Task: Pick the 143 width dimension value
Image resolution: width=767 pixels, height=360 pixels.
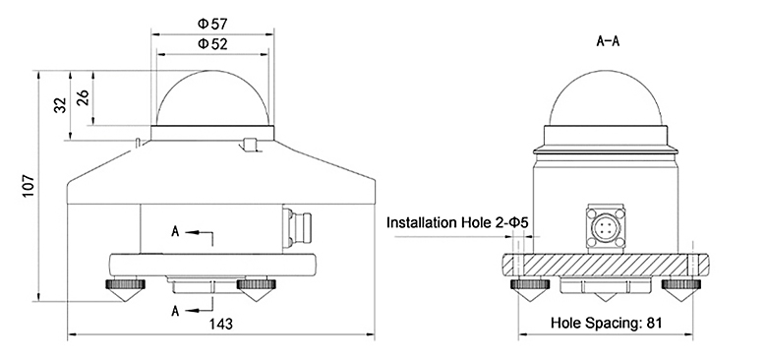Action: tap(223, 322)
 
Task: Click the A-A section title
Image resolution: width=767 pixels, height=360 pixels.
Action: tap(613, 40)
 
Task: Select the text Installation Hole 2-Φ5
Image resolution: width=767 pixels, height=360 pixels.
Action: tap(457, 223)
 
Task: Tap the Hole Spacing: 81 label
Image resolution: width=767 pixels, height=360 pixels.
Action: tap(605, 322)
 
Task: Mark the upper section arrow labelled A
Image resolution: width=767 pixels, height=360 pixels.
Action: tap(192, 232)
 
